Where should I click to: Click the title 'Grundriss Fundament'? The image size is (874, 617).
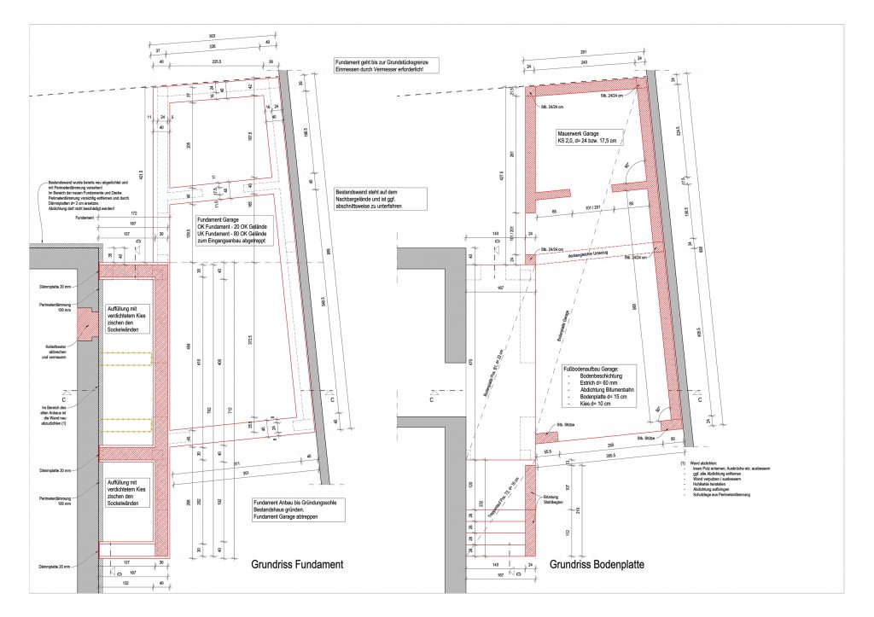297,565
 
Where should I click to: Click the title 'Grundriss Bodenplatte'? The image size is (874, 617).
596,565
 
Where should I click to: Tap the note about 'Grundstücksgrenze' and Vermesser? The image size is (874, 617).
386,65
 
